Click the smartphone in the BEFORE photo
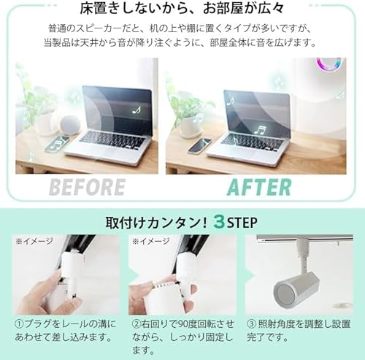[x=56, y=144]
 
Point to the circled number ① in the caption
[x=19, y=323]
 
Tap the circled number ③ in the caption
[x=250, y=323]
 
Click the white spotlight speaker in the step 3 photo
[x=293, y=281]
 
